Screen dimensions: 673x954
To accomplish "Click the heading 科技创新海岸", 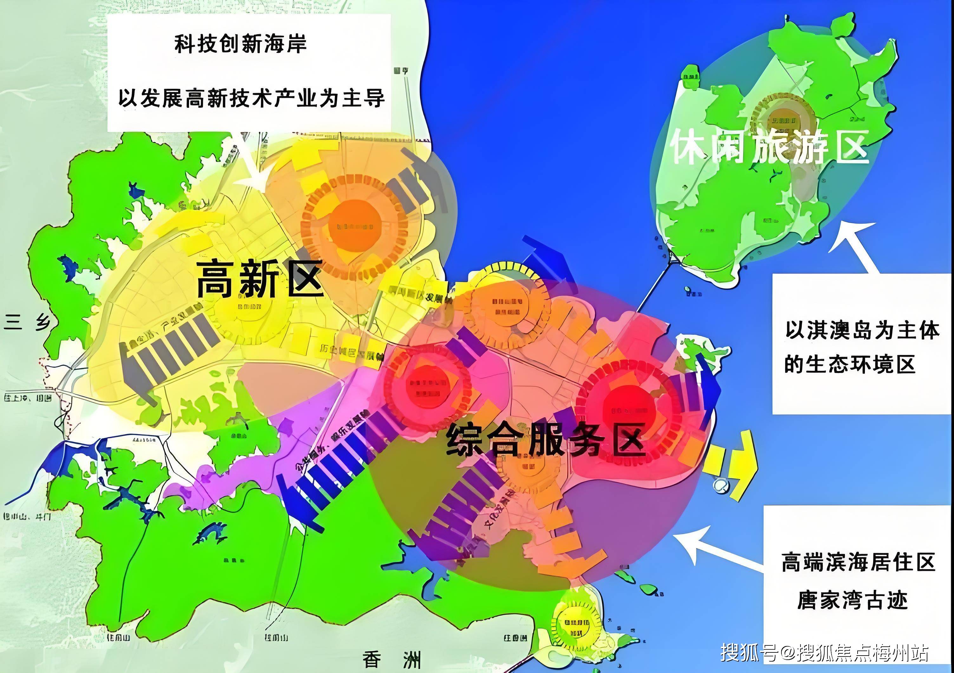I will (240, 44).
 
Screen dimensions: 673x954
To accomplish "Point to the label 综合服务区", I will (545, 439).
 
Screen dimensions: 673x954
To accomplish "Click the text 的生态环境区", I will (849, 364).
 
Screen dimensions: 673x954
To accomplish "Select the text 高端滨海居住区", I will (858, 562).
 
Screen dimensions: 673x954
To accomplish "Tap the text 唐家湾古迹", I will (852, 600).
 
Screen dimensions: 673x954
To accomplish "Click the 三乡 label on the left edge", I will (27, 323).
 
